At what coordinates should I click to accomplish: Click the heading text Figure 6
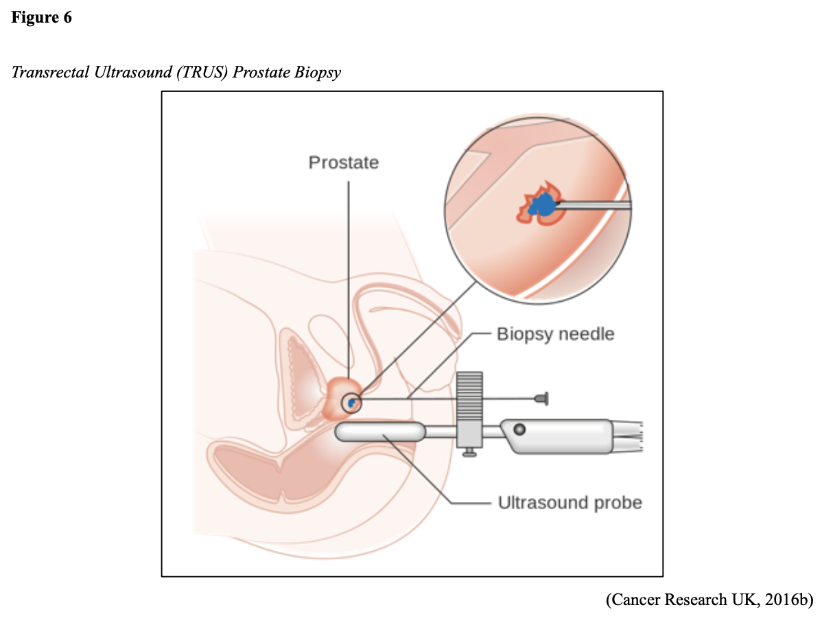(41, 18)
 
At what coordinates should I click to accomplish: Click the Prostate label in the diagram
(343, 163)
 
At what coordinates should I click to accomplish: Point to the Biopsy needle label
(555, 335)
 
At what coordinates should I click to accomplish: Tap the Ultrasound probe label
(570, 503)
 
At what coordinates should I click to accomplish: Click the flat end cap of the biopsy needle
(544, 398)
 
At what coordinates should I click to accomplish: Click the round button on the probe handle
(519, 429)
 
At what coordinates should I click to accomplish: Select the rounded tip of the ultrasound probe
(343, 432)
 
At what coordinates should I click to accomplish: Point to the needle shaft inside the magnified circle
(594, 204)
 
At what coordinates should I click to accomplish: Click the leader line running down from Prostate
(348, 274)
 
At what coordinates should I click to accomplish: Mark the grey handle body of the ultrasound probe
(563, 438)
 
